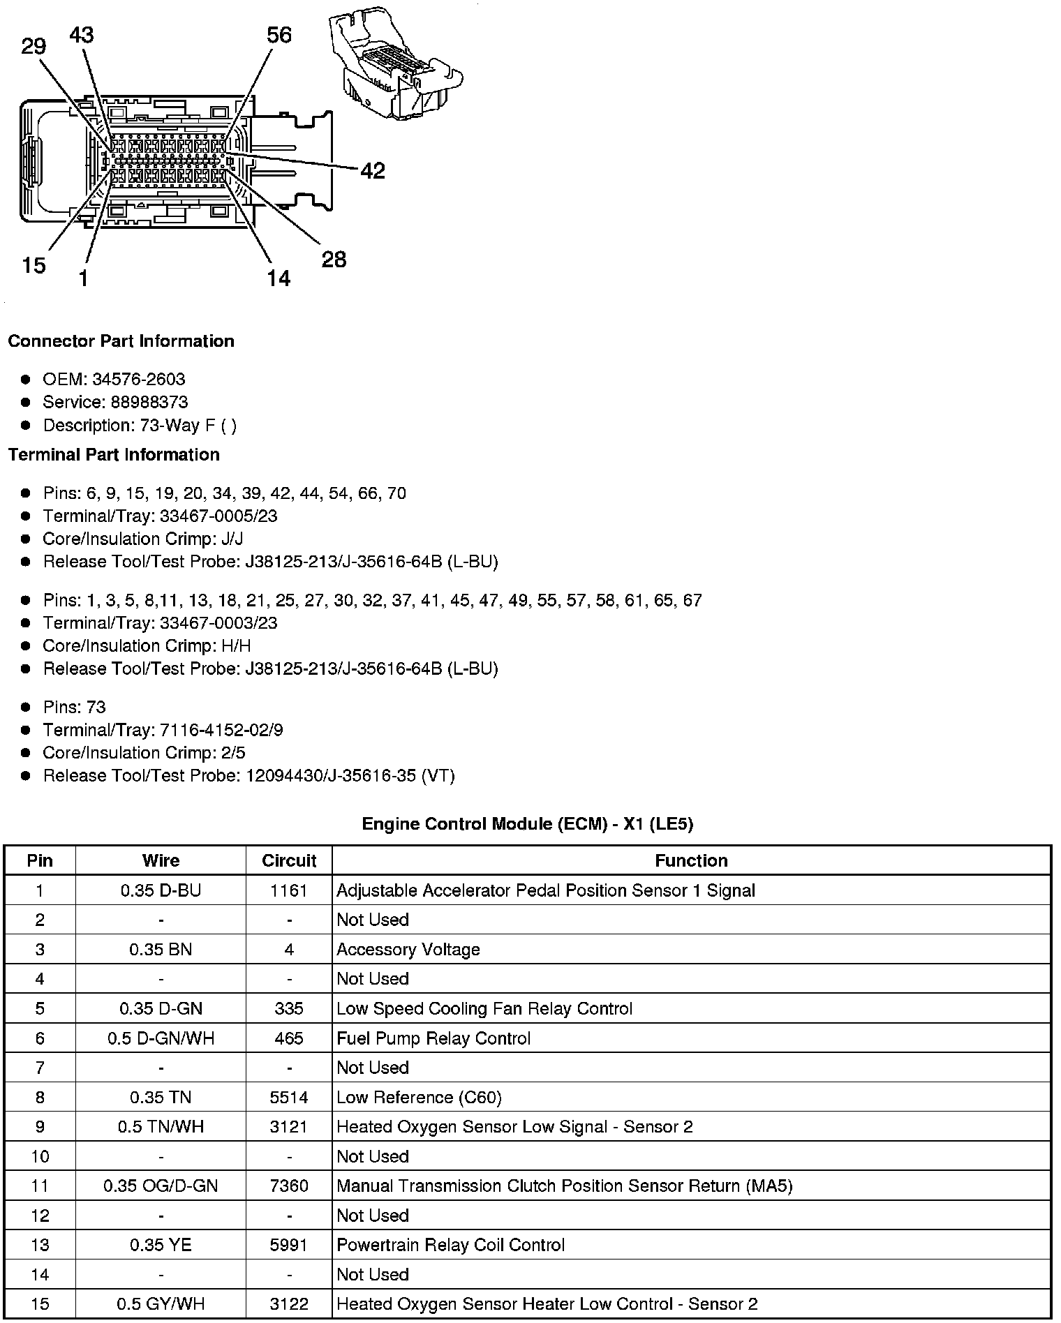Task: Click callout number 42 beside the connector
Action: point(373,171)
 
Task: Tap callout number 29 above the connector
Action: point(34,47)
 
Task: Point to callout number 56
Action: point(279,35)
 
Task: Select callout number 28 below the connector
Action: point(334,260)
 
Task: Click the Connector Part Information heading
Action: point(121,341)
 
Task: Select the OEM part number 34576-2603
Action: point(139,380)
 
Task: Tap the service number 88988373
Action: point(149,403)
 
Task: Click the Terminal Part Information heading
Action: point(114,455)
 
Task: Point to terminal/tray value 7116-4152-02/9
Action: point(222,731)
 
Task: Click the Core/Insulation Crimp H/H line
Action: point(147,646)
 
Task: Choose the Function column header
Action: point(691,861)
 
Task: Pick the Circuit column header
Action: point(289,861)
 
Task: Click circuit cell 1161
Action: point(289,891)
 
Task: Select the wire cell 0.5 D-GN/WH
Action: point(161,1039)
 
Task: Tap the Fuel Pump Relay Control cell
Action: point(433,1039)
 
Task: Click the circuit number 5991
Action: point(289,1246)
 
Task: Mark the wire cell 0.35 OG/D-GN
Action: point(161,1186)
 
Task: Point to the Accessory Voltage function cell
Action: point(408,950)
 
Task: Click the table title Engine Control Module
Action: point(527,824)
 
